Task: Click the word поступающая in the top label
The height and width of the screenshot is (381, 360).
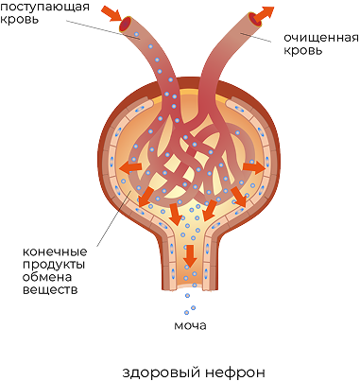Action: pos(44,7)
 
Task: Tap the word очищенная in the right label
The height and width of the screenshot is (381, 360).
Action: pos(321,38)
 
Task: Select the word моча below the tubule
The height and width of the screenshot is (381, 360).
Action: pos(190,325)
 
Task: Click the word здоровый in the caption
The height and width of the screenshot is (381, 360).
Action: pos(161,372)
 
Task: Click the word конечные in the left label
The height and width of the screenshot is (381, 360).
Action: pos(55,252)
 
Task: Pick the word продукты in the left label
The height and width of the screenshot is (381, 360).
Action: pos(54,265)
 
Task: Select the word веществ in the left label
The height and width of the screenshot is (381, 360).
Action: pos(50,289)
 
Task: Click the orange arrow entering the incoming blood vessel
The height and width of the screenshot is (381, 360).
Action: pos(111,14)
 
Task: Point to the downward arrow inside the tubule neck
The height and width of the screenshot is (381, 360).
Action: pos(190,255)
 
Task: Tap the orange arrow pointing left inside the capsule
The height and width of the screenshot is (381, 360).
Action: pos(130,166)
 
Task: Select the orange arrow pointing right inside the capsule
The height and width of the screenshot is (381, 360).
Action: pos(254,167)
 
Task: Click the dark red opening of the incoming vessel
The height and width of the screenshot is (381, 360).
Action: pos(126,24)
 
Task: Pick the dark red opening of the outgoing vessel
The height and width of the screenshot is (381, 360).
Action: pos(253,19)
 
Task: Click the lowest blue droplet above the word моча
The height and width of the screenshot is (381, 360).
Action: pos(186,313)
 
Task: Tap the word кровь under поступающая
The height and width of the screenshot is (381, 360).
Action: pos(20,19)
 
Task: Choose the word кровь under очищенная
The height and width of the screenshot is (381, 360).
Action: pos(303,50)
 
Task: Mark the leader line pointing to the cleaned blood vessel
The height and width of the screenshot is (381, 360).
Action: pos(255,37)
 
